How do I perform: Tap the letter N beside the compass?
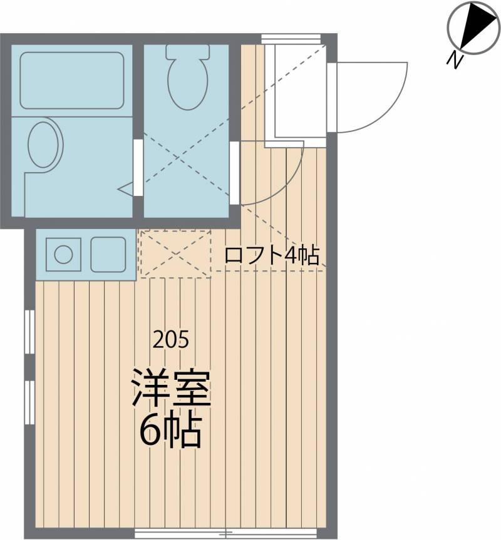coord(455,60)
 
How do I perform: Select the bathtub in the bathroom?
coord(71,81)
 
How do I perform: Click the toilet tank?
coord(188,51)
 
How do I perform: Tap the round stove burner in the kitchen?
coord(63,255)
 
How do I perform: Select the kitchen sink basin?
coord(108,255)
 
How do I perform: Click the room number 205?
coord(171,340)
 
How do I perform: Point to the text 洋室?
coord(171,387)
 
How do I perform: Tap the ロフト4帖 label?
coord(272,255)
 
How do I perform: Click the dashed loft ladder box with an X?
coord(175,254)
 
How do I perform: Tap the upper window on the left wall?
coord(29,332)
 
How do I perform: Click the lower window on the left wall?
coord(29,402)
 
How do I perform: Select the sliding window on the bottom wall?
coord(225,534)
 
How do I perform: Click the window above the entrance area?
coord(291,39)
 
